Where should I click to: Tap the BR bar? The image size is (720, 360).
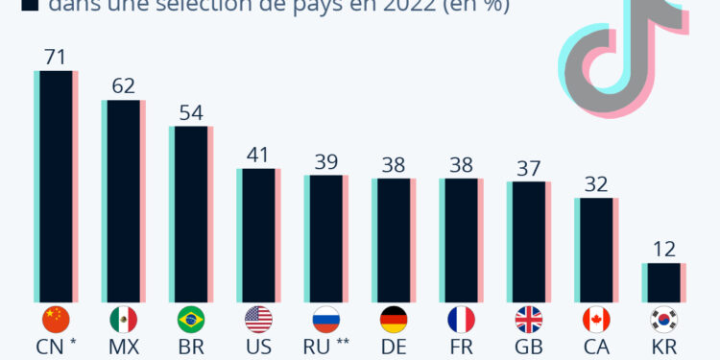191,212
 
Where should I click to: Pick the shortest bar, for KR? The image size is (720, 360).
663,281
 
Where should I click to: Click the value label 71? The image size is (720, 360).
56,57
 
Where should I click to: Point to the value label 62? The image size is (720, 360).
123,86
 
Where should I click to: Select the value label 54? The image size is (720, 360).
191,112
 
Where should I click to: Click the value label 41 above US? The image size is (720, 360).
258,155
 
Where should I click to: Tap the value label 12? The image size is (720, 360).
663,249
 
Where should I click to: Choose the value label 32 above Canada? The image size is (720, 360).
595,183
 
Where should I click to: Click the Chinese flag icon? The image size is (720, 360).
56,319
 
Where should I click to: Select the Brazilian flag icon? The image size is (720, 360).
191,319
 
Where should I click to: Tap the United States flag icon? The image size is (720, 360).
258,319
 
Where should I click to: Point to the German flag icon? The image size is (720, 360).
394,319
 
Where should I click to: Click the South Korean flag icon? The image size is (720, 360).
663,319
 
